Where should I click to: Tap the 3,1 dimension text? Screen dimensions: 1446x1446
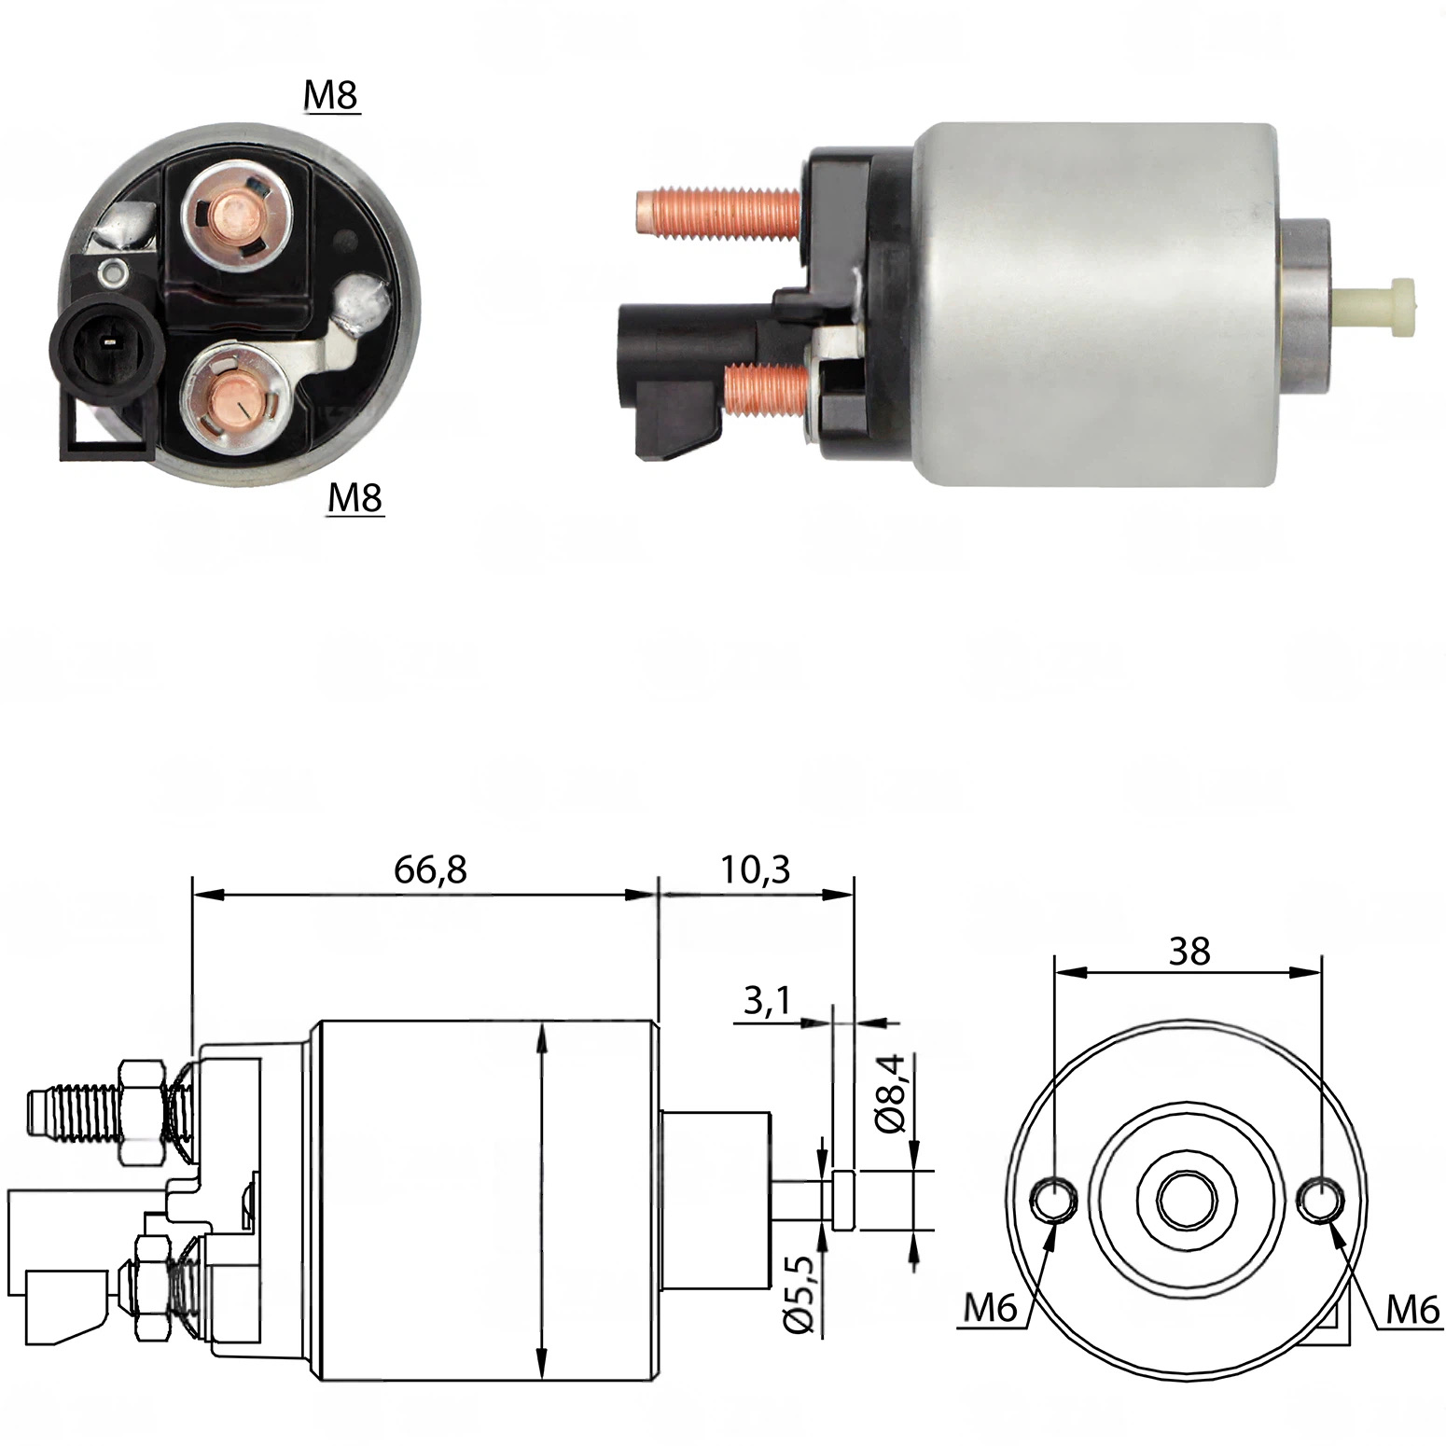(767, 1001)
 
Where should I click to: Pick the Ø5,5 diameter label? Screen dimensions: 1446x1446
(799, 1294)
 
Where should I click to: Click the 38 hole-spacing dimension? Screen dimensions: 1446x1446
(1189, 952)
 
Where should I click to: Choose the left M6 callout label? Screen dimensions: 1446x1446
(990, 1309)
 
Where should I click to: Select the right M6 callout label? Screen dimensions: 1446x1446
(1413, 1311)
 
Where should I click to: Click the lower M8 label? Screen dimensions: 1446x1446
(355, 498)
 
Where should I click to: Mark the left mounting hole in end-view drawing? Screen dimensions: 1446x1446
(1054, 1200)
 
